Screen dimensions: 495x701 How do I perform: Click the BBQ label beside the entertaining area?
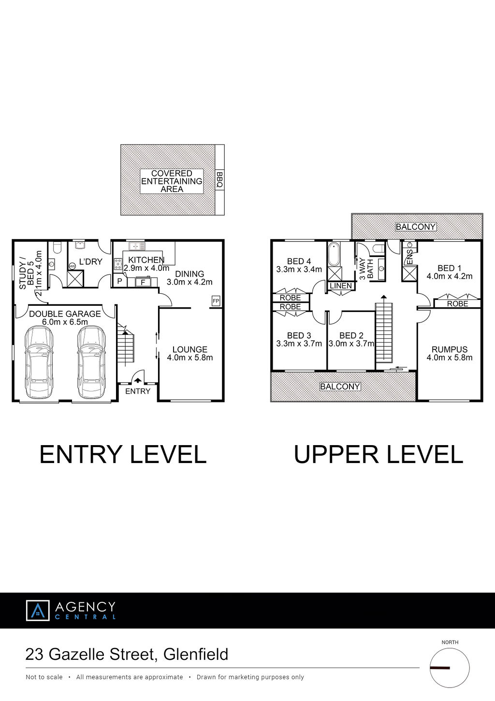click(220, 180)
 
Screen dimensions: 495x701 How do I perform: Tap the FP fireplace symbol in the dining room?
click(216, 301)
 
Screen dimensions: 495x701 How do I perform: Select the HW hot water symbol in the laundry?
click(72, 266)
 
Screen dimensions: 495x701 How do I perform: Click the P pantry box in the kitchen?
click(119, 281)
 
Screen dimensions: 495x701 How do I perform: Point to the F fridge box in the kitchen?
click(143, 282)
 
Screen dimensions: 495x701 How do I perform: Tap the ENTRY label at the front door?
click(138, 391)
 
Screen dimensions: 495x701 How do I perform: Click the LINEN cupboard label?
click(341, 286)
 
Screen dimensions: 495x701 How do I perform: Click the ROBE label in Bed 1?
click(457, 303)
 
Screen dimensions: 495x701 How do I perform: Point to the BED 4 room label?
click(299, 261)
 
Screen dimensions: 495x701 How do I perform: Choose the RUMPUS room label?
click(450, 349)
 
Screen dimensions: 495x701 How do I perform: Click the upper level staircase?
click(384, 332)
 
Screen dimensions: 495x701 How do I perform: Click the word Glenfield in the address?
click(196, 654)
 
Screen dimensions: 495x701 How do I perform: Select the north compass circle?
click(450, 668)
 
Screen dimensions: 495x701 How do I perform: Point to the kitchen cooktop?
click(118, 264)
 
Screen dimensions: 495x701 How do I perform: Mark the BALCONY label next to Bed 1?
click(416, 226)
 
